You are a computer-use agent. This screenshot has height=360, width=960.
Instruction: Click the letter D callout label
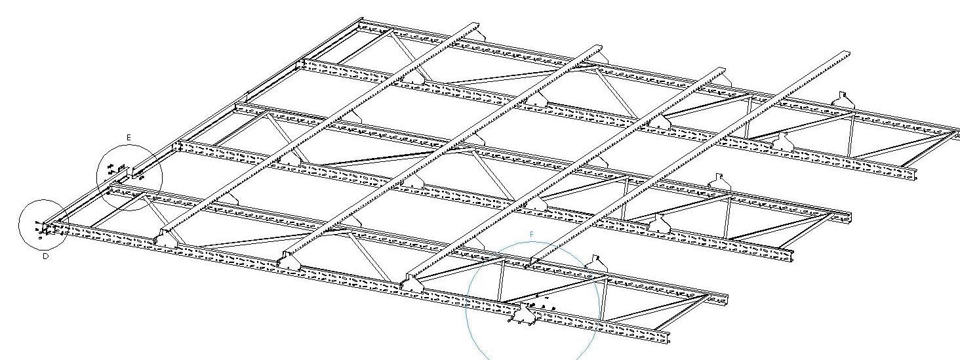(x=46, y=257)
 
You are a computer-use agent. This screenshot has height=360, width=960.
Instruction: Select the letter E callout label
(x=129, y=137)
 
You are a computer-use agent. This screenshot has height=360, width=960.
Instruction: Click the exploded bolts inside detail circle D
(x=41, y=228)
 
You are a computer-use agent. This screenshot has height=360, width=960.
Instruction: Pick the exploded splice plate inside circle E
(x=115, y=168)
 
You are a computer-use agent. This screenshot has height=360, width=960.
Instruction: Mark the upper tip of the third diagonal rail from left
(x=721, y=70)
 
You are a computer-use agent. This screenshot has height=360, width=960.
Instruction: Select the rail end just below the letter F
(x=532, y=256)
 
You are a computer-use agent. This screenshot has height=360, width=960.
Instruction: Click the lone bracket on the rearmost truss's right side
(x=843, y=98)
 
